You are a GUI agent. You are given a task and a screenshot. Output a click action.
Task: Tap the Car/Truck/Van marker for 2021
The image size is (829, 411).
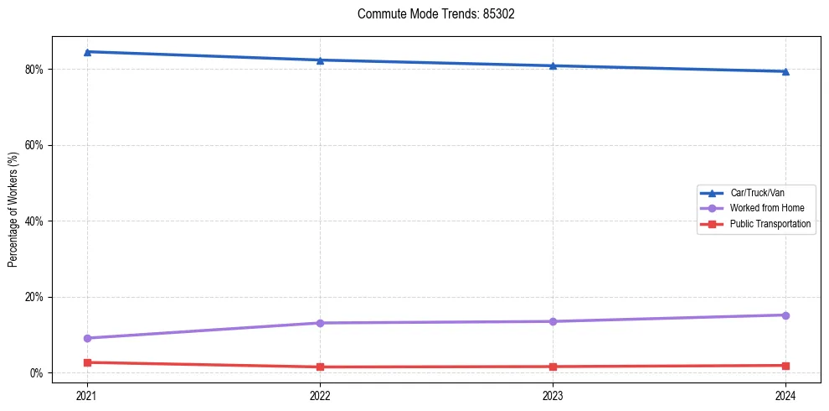coord(87,52)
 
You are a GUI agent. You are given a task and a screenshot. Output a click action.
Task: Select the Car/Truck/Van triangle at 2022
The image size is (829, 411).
coord(320,60)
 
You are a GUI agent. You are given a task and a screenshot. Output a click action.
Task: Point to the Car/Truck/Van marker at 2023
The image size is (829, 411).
coord(553,65)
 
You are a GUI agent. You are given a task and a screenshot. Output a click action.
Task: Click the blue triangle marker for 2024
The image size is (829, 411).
coord(785,71)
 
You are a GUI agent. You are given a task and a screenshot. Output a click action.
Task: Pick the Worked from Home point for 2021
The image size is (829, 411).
coord(87,338)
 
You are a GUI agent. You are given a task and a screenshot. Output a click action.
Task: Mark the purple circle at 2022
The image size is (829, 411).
coord(320,323)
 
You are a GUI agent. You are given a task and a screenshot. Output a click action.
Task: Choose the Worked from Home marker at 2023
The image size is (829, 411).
coord(553,321)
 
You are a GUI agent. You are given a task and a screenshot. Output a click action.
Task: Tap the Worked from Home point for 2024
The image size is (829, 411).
coord(785,315)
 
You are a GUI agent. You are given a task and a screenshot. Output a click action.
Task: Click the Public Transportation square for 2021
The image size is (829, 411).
coord(87,362)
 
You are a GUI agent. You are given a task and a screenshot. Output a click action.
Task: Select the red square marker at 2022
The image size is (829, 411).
coord(320,367)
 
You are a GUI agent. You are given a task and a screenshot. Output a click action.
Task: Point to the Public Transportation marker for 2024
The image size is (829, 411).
coord(785,366)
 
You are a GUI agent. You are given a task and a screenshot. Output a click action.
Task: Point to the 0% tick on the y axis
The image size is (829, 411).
coord(36,373)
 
